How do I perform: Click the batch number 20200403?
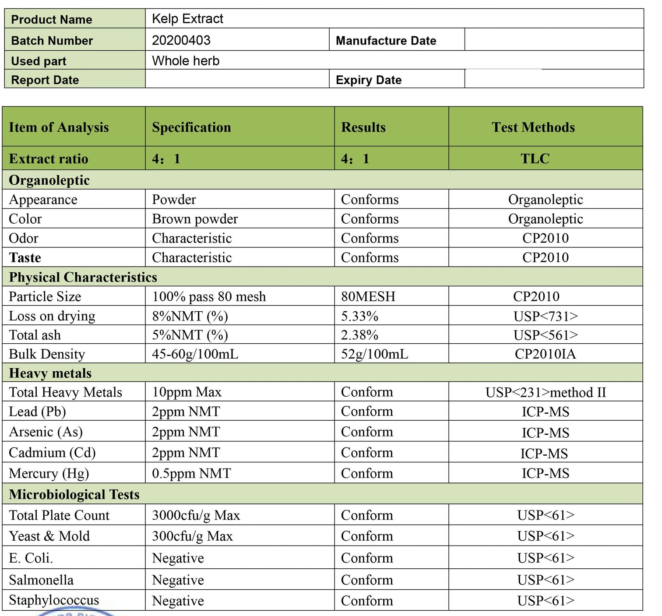181,40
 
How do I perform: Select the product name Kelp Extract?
187,19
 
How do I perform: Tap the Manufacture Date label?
386,41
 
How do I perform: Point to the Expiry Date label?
368,80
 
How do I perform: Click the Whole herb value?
186,61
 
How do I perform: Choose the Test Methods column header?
533,127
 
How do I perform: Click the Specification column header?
191,127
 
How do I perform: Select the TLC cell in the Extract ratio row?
535,158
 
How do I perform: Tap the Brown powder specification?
195,219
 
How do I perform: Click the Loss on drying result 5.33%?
359,316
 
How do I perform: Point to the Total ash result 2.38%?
359,335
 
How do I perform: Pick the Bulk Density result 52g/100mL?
374,354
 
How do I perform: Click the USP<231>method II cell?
546,392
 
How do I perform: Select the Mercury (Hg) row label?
49,474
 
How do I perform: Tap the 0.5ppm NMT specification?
191,474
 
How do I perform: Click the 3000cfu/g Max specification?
196,516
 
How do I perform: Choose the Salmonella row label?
41,580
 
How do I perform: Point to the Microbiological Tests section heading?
74,495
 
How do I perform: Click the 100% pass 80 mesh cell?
209,297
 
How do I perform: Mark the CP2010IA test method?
545,354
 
